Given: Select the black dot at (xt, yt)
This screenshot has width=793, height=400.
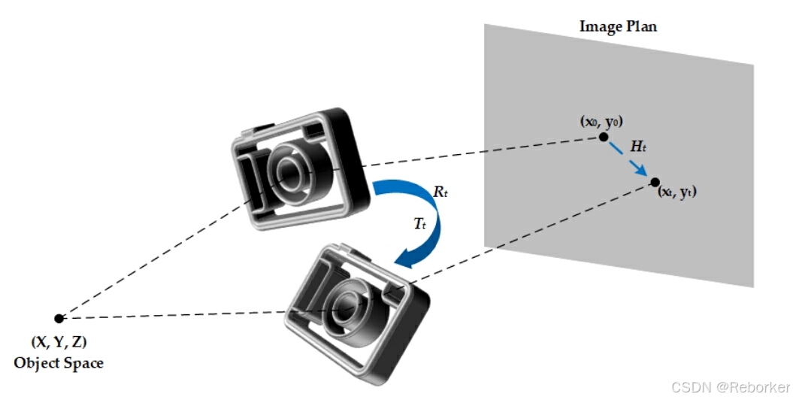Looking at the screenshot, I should pos(655,182).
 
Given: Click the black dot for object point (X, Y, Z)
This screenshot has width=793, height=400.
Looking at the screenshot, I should pos(59,318).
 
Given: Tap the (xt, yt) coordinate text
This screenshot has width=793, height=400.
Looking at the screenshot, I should pos(677,193).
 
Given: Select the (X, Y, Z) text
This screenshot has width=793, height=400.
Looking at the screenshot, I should pos(59,343).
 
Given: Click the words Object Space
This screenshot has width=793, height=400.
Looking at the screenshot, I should pos(59,364).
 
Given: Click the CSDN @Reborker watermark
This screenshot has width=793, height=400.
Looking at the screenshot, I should pos(730,386).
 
